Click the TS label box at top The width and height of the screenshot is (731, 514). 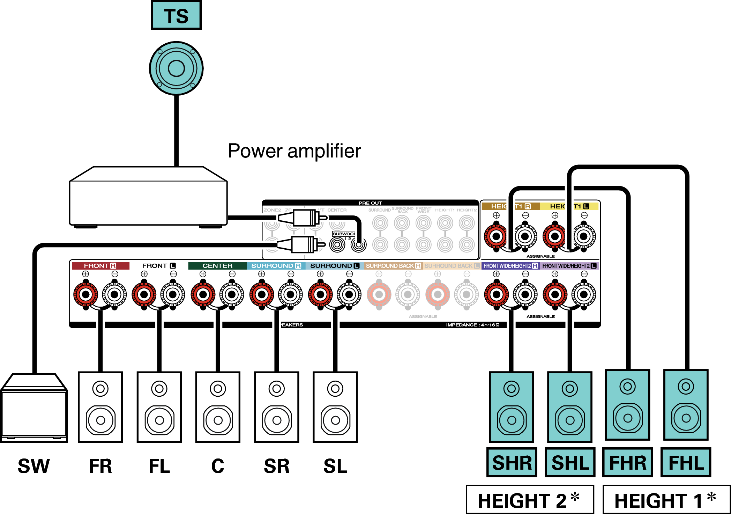(x=176, y=16)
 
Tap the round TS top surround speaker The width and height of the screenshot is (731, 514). (x=176, y=68)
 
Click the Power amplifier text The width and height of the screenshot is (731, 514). (x=294, y=151)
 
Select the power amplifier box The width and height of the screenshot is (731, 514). (x=148, y=197)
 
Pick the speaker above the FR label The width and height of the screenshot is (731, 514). (x=100, y=407)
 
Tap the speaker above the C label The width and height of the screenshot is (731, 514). (x=218, y=407)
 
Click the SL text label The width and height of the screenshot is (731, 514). (x=335, y=466)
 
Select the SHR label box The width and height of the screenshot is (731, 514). (x=512, y=463)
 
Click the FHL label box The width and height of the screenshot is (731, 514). (x=686, y=463)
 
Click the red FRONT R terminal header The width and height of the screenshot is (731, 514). (x=100, y=266)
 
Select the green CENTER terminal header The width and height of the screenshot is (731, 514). (x=217, y=266)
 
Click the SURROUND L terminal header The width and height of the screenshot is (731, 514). (x=334, y=266)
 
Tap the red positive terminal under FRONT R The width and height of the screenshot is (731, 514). (x=85, y=294)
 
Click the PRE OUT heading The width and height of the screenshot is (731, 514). (x=370, y=203)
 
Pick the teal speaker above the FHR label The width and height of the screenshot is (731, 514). (x=628, y=405)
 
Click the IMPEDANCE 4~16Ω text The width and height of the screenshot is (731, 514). (x=472, y=325)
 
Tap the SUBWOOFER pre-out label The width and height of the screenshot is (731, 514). (x=343, y=234)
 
